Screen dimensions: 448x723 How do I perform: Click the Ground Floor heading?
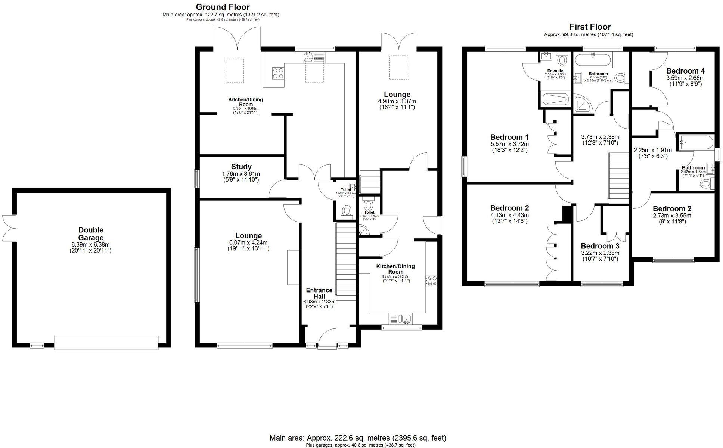click(223, 7)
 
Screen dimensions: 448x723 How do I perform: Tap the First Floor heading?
click(590, 27)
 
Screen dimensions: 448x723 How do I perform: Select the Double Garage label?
click(91, 234)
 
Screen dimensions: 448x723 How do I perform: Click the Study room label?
click(241, 167)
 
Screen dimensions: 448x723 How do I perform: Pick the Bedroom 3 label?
click(600, 246)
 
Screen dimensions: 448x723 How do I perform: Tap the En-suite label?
click(555, 71)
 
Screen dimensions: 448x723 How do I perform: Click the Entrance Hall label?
click(319, 293)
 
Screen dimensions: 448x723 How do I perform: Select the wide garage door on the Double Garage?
click(106, 342)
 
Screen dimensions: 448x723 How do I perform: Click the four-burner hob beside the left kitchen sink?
click(278, 72)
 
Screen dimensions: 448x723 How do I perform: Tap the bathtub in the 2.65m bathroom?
click(593, 59)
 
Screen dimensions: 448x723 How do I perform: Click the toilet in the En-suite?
click(561, 60)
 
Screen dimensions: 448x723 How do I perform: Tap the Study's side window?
click(196, 179)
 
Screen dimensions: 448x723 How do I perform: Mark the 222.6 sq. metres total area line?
click(358, 438)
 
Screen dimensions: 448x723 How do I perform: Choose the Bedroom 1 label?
click(509, 137)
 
